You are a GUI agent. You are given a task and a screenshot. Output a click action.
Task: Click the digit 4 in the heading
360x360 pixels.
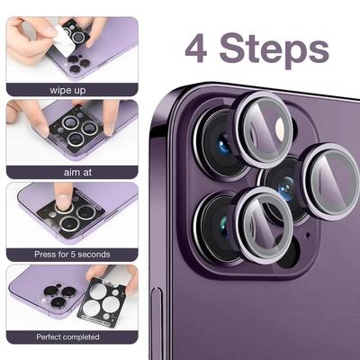click(196, 48)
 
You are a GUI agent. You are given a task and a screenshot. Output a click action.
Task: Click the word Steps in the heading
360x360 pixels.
click(274, 50)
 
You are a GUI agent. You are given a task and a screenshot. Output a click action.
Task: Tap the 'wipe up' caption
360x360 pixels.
click(67, 90)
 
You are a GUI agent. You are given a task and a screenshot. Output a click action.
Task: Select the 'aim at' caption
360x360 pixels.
click(78, 173)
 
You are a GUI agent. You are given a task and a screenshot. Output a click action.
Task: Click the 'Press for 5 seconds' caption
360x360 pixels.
click(72, 255)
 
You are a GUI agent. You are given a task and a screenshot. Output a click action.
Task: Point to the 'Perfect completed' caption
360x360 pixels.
click(67, 337)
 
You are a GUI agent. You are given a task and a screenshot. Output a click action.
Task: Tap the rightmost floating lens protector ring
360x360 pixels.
click(331, 182)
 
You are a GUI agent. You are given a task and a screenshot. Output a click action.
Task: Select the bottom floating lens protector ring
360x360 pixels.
click(263, 226)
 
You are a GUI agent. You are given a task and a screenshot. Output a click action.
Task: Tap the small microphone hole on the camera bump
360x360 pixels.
click(306, 234)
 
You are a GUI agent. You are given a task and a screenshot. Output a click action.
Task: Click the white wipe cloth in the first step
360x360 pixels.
click(63, 39)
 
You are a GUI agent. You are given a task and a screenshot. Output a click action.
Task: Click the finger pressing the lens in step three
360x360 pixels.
click(63, 196)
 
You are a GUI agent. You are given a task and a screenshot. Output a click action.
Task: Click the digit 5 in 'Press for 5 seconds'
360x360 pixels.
click(73, 255)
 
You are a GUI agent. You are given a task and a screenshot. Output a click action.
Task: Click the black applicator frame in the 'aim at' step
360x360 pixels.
click(74, 130)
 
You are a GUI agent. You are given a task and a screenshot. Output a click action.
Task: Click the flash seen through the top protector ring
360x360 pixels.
click(280, 129)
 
